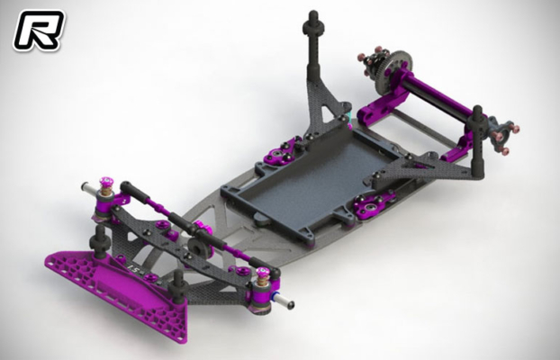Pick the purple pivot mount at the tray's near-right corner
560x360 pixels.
tap(368, 209)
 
